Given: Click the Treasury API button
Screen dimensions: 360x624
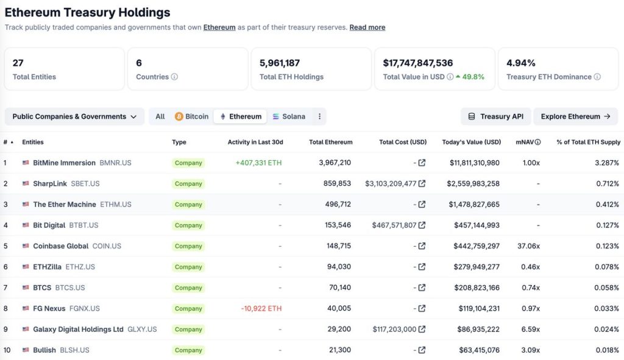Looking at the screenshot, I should tap(495, 116).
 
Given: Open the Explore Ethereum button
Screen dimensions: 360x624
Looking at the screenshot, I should tap(575, 116).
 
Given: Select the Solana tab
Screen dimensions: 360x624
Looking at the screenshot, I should tap(289, 116).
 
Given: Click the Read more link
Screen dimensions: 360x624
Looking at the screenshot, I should tap(367, 27).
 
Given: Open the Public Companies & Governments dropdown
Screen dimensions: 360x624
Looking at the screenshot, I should tap(74, 116).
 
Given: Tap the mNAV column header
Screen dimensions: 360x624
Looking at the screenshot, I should tap(525, 142).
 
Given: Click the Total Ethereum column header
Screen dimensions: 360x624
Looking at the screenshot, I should tap(330, 142).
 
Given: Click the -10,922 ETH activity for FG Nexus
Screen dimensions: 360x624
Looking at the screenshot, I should tap(261, 308).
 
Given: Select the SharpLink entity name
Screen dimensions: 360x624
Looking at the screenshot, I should tap(50, 183).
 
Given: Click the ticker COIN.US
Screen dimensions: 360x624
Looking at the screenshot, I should tap(107, 246).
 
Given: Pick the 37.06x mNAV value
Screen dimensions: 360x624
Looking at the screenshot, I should tap(527, 246).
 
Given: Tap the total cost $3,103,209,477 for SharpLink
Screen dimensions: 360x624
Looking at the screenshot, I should tap(391, 183).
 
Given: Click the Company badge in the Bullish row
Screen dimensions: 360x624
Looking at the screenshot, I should tap(188, 350).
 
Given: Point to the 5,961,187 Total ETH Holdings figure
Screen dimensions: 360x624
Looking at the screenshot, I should tap(280, 63).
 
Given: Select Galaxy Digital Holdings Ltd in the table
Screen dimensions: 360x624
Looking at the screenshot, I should tap(78, 329).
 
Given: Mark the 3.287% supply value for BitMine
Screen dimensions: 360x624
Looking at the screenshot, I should tap(608, 163).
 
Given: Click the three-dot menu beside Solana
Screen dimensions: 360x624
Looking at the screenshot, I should tap(319, 116).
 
